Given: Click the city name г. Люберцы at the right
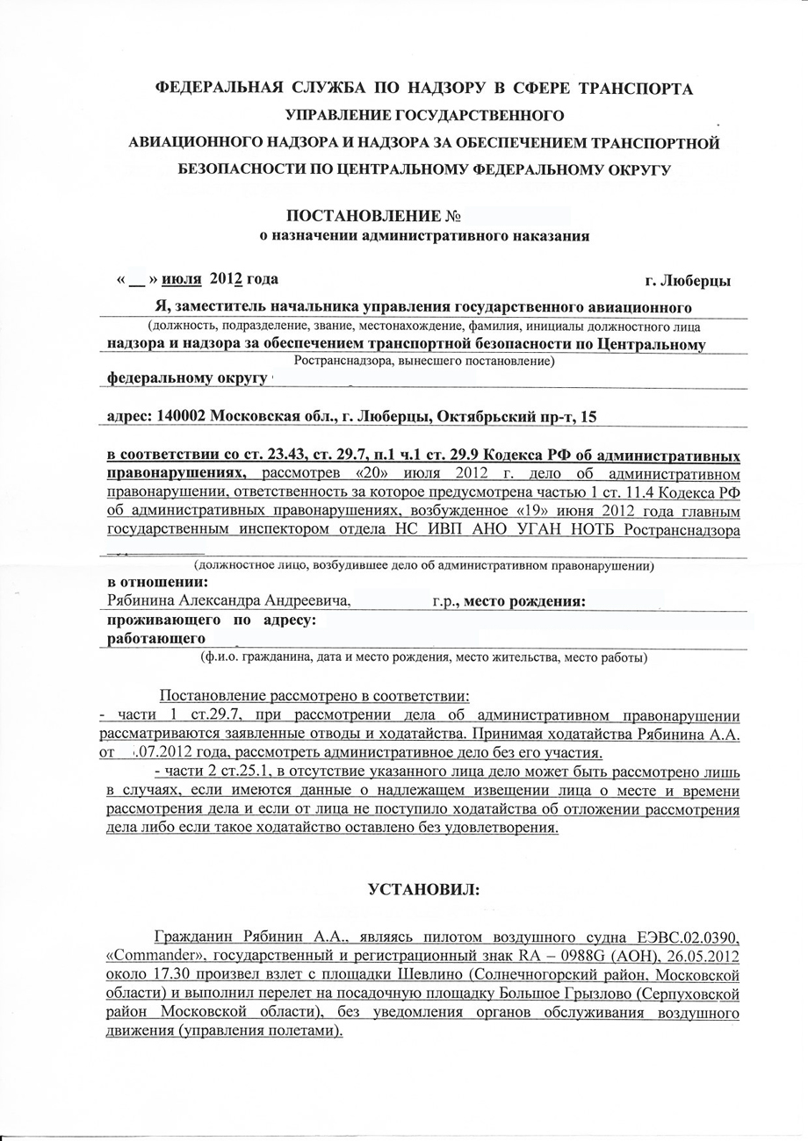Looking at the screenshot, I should pos(688,281).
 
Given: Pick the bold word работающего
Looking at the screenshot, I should pos(155,638).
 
